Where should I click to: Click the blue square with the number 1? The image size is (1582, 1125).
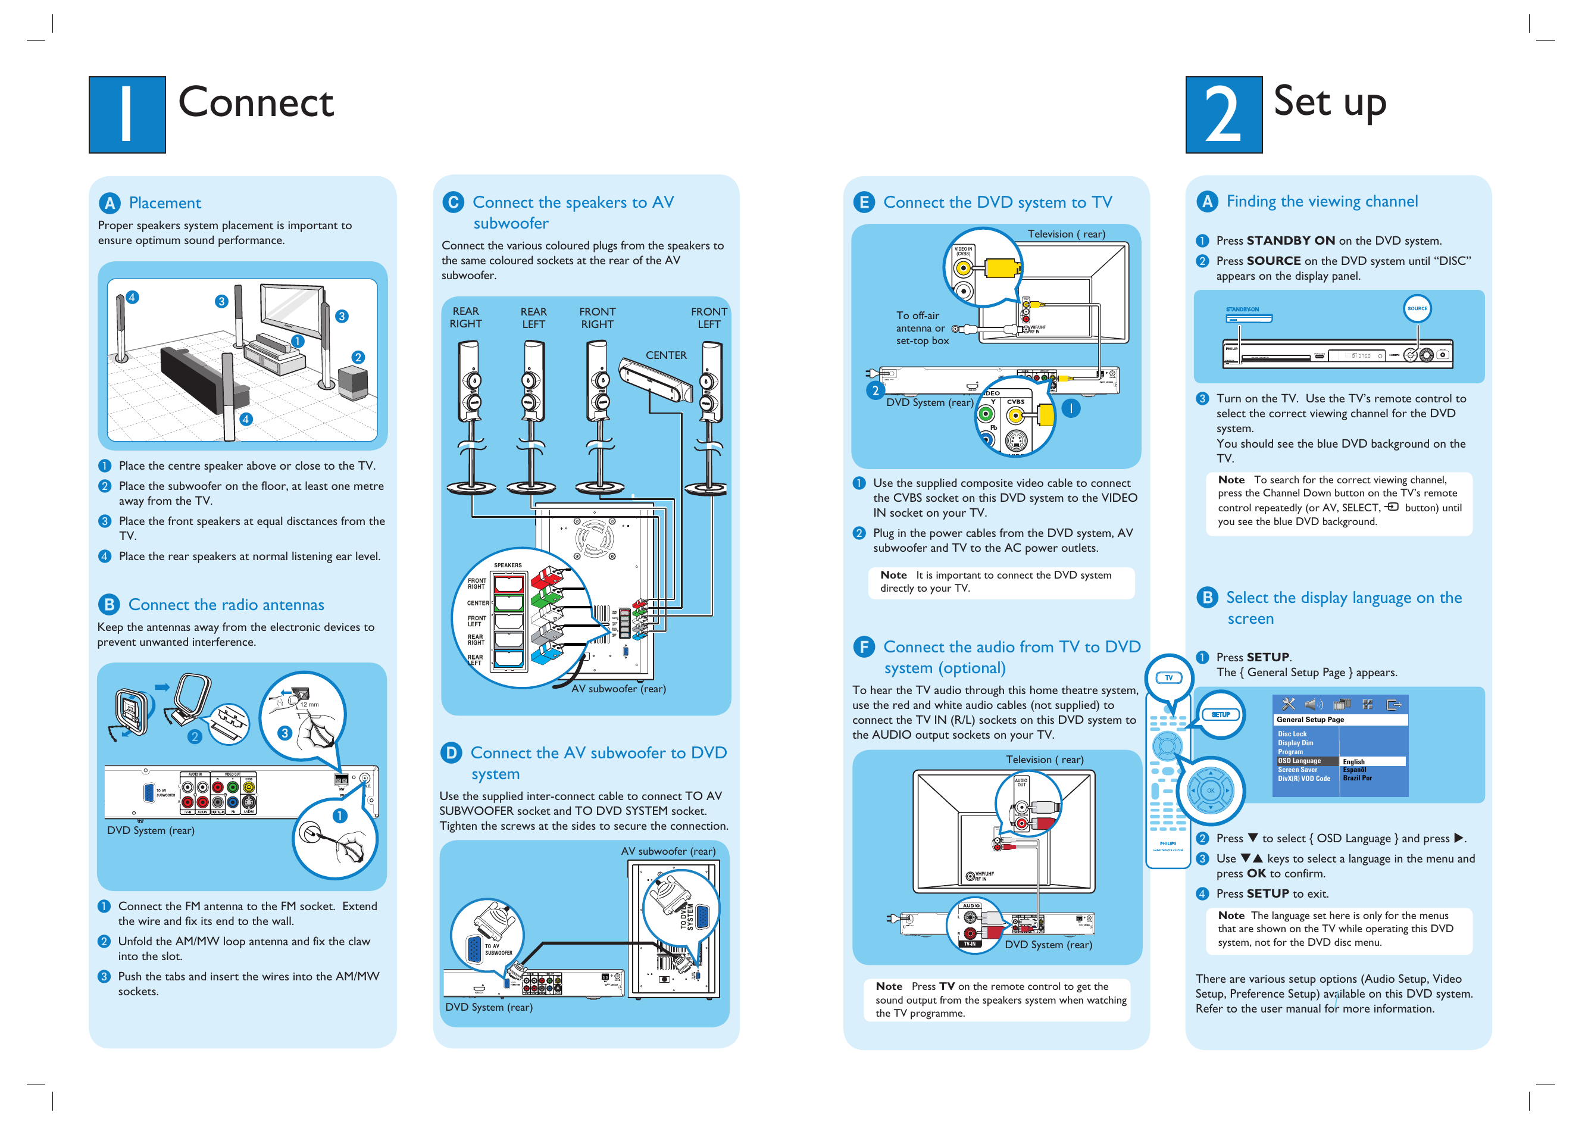tap(127, 114)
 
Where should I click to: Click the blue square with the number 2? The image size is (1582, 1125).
tap(1223, 114)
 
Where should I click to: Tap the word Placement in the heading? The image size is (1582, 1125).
tap(165, 203)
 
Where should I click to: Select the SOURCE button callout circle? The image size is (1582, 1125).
tap(1417, 308)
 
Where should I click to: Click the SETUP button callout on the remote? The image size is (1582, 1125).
tap(1220, 714)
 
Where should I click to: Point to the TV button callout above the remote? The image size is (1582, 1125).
tap(1168, 677)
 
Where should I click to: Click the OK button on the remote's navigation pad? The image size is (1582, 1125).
tap(1210, 790)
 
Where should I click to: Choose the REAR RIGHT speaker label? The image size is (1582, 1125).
tap(465, 317)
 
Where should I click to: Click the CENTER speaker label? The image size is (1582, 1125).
tap(665, 355)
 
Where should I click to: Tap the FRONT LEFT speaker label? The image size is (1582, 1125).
tap(709, 317)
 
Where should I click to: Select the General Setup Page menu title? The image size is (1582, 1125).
tap(1310, 720)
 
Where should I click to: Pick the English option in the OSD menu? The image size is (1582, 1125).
tap(1353, 761)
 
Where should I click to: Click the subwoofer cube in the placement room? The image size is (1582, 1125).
tap(354, 382)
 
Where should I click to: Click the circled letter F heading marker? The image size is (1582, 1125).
tap(864, 647)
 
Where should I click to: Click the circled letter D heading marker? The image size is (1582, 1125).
tap(451, 752)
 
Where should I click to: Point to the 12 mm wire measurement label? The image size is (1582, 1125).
tap(309, 705)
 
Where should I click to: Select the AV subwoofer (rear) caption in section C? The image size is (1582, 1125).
tap(618, 689)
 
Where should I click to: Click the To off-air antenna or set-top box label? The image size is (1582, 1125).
tap(921, 327)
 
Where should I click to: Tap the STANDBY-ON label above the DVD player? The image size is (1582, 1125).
tap(1242, 310)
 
